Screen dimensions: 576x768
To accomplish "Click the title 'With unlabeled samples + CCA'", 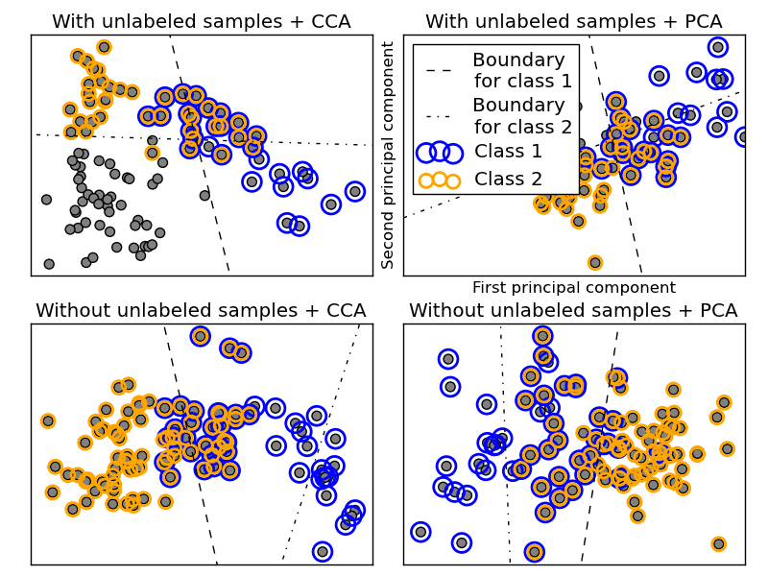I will pyautogui.click(x=201, y=21).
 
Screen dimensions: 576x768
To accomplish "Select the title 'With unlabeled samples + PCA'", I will pyautogui.click(x=573, y=21).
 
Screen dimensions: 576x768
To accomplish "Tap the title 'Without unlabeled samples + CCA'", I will pyautogui.click(x=201, y=310).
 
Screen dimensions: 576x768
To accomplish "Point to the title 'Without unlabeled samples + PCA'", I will pyautogui.click(x=573, y=310).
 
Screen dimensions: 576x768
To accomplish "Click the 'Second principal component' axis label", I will pyautogui.click(x=389, y=155).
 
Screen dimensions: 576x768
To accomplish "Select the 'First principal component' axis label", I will pyautogui.click(x=573, y=288).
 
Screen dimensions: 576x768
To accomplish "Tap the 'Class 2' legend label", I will pyautogui.click(x=508, y=179).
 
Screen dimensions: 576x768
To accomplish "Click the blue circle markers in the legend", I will pyautogui.click(x=440, y=152).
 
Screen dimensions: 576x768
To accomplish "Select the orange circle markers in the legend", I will pyautogui.click(x=440, y=180).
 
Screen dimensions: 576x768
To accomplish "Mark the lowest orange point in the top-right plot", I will pyautogui.click(x=595, y=262).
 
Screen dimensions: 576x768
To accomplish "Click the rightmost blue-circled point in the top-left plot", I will pyautogui.click(x=355, y=191).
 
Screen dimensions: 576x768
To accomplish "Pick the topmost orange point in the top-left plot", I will pyautogui.click(x=104, y=47).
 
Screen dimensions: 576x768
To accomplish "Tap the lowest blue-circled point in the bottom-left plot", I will pyautogui.click(x=323, y=551).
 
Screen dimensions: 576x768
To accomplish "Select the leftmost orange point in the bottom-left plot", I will pyautogui.click(x=48, y=420).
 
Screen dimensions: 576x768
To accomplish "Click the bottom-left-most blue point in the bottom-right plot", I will pyautogui.click(x=420, y=531).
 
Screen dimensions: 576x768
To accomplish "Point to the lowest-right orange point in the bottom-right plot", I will pyautogui.click(x=718, y=543).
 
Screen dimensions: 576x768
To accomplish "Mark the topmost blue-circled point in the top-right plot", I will pyautogui.click(x=717, y=47).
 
